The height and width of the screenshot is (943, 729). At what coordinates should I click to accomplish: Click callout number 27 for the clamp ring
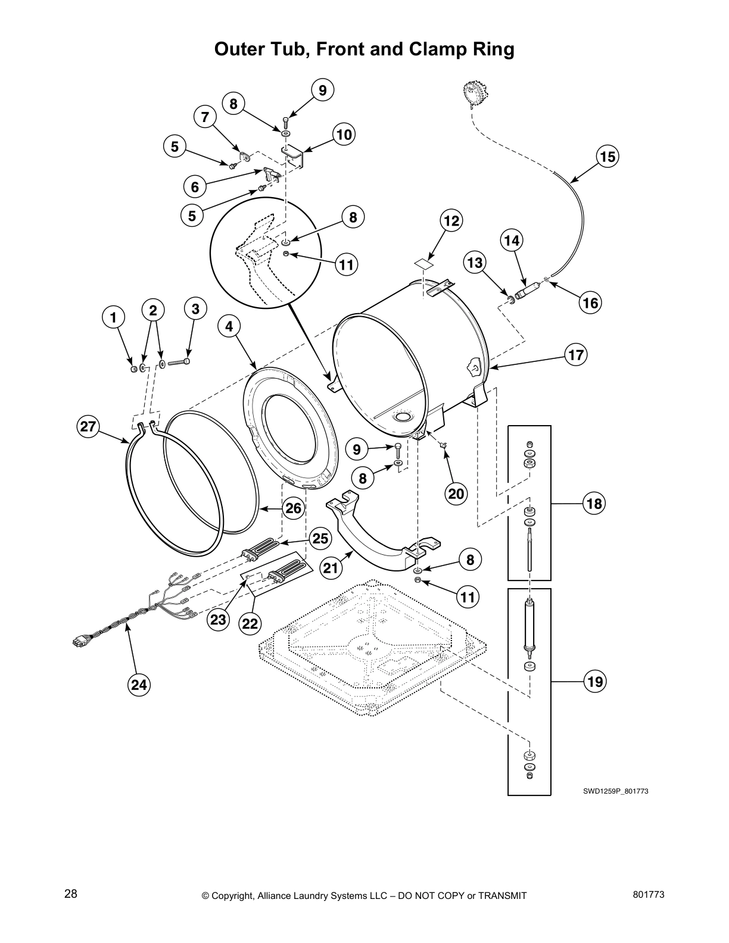click(x=88, y=426)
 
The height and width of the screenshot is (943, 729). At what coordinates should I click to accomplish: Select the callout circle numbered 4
click(x=229, y=326)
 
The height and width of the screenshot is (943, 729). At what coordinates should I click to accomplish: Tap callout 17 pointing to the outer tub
click(x=576, y=355)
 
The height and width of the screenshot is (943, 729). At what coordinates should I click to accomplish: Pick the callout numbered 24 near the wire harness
click(x=139, y=685)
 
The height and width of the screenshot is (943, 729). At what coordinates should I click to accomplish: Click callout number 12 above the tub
click(x=451, y=221)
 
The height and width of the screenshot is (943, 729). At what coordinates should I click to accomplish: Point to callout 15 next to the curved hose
click(x=607, y=157)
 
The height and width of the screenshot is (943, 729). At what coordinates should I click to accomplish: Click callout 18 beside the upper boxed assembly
click(x=594, y=504)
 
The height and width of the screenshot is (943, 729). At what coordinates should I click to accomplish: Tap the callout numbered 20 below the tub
click(x=456, y=493)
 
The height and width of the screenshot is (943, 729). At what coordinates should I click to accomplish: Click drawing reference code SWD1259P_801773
click(x=615, y=791)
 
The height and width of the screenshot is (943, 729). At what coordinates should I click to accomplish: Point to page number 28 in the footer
click(x=71, y=894)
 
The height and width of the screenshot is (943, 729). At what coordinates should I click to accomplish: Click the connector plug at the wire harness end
click(x=77, y=641)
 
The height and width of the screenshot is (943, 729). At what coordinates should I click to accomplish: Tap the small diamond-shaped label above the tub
click(x=423, y=262)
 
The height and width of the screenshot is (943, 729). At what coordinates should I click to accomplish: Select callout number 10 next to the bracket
click(x=344, y=135)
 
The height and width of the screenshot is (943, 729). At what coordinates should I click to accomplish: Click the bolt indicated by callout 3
click(x=179, y=361)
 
